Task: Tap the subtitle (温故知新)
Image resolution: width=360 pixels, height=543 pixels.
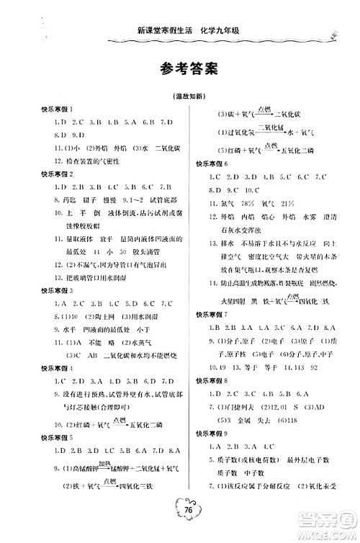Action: [179, 97]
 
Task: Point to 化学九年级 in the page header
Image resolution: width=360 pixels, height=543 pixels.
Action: [230, 30]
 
